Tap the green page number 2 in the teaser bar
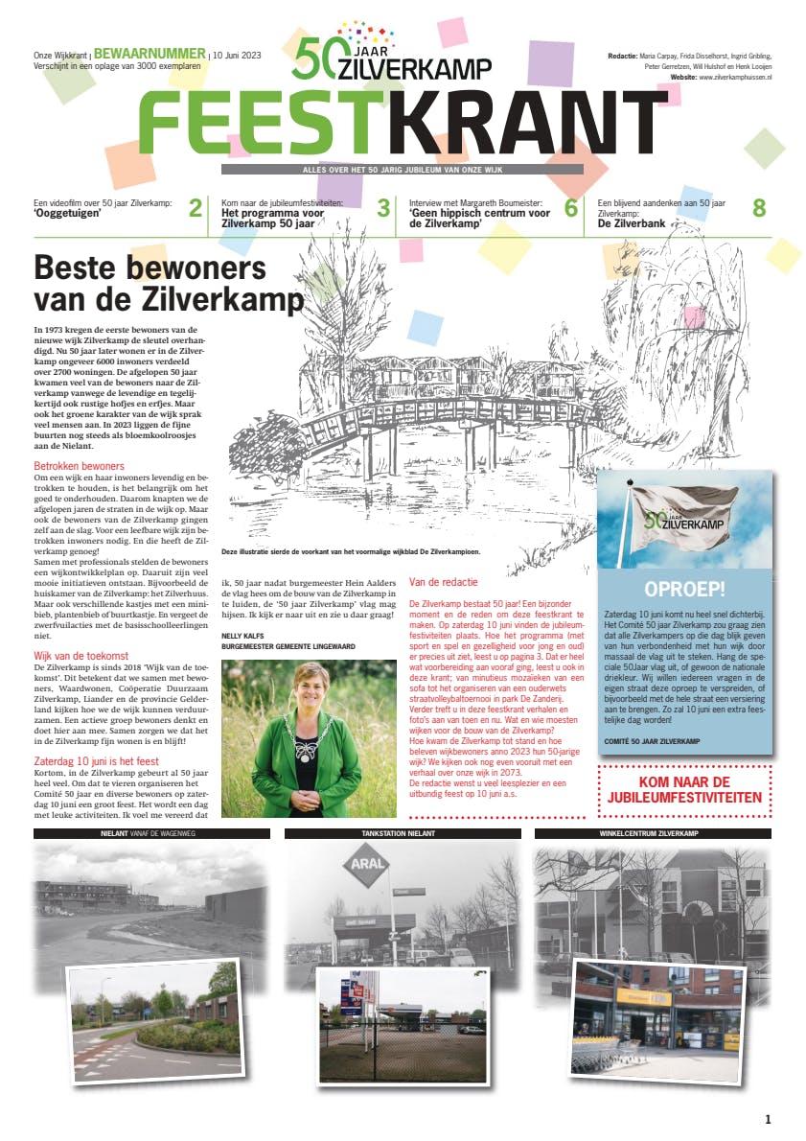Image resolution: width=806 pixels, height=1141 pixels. point(196,208)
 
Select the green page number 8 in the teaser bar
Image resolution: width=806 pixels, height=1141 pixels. point(759,208)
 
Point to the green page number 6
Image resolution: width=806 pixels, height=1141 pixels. point(571,208)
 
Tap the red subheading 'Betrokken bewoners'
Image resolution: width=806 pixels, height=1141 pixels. point(73,466)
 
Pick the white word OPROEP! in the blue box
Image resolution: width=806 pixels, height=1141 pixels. point(684,589)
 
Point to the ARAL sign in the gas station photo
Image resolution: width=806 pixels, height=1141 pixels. point(365,869)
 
